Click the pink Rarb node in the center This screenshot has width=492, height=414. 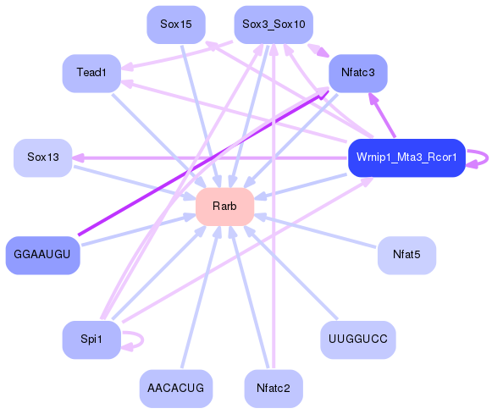point(225,207)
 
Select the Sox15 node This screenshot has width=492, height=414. point(175,25)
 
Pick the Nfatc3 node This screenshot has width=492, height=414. point(357,73)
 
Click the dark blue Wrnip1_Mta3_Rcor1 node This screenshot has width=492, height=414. point(406,157)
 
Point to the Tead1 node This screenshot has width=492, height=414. point(91,74)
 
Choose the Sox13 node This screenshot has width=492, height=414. point(43,157)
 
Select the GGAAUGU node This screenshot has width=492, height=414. point(42,255)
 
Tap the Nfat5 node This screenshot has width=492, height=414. point(406,255)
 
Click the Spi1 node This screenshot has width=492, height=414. point(91,339)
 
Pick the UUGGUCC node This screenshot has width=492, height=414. point(357,339)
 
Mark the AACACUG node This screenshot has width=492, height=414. point(175,389)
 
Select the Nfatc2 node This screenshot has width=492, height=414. point(273,389)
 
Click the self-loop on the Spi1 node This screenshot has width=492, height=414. point(135,339)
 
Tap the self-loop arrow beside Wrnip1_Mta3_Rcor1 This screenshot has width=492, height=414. point(480,157)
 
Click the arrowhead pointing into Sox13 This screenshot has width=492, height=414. point(78,157)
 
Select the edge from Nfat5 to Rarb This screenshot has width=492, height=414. point(318,231)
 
